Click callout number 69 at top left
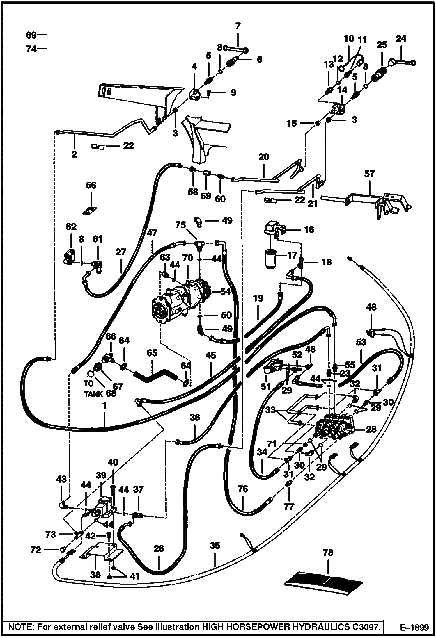[x=31, y=35]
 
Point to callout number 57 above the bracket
[x=369, y=174]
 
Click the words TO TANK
[x=93, y=389]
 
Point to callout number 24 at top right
[x=401, y=39]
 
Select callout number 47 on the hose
[x=152, y=233]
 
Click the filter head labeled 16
[x=274, y=228]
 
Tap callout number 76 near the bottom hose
[x=243, y=489]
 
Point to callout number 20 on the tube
[x=264, y=157]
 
